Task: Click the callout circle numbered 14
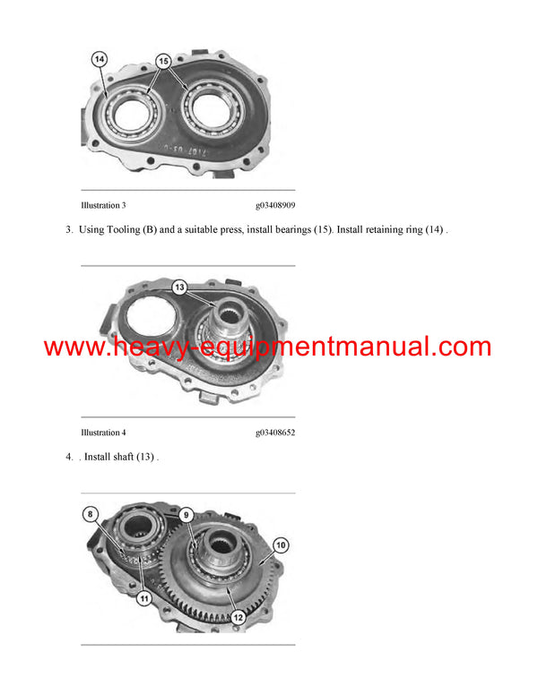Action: coord(100,60)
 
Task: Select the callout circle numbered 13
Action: coord(179,287)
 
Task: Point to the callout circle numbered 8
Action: coord(91,513)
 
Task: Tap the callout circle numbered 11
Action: coord(143,600)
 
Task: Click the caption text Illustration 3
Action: coord(103,205)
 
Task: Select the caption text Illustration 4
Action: coord(103,433)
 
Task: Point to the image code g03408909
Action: coord(275,205)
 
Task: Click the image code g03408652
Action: coord(275,433)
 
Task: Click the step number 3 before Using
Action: coord(68,230)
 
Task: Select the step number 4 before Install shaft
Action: coord(68,458)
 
